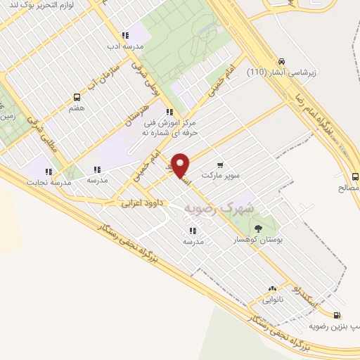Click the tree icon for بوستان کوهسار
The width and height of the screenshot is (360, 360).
[x=258, y=228]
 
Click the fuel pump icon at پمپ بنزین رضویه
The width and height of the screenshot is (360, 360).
[x=338, y=316]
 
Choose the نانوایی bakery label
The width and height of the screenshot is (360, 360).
[x=272, y=299]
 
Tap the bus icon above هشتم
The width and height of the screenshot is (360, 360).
[x=77, y=98]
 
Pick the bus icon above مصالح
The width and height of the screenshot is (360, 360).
[x=354, y=176]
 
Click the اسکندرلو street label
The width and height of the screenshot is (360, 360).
[x=307, y=298]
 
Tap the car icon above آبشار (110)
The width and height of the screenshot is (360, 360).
[x=281, y=60]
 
